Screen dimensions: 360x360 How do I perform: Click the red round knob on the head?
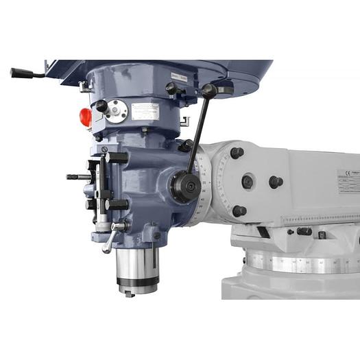coord(86,117)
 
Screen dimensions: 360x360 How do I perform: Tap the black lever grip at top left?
coord(21,73)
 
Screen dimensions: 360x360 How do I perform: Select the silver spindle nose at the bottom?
coord(136,271)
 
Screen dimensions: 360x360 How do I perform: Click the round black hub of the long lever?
coord(184,186)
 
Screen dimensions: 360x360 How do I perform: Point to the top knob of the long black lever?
coord(209,90)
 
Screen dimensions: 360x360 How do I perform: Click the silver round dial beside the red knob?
coord(117,111)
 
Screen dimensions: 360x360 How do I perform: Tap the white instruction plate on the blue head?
coord(145,112)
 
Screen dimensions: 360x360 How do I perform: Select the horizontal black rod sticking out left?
coord(78,177)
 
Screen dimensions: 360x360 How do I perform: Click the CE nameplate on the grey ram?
coord(348,182)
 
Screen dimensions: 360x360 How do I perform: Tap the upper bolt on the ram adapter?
coord(237,152)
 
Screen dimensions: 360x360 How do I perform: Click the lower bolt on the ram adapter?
coord(239,211)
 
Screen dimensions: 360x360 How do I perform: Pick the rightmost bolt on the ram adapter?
coord(275,182)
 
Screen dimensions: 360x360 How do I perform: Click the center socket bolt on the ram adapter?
coord(248,182)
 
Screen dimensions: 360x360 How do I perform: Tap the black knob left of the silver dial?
coord(101,106)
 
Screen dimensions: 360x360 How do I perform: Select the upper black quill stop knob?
coord(117,157)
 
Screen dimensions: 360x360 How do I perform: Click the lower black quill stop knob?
coord(117,204)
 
